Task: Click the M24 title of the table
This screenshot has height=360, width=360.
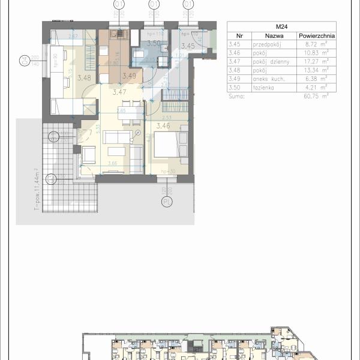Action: (281, 26)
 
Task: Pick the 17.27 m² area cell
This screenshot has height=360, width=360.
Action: (316, 61)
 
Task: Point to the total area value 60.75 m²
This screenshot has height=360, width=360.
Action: (316, 95)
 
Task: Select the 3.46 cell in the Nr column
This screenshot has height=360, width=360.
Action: (235, 52)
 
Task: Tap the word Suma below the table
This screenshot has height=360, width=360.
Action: (238, 95)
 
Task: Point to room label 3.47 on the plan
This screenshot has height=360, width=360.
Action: (119, 92)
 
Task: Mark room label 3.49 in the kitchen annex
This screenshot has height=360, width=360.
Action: (129, 76)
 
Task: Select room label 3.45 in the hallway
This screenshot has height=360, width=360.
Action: (189, 46)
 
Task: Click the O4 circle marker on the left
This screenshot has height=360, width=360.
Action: (25, 60)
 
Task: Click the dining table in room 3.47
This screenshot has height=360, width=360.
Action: (131, 110)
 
